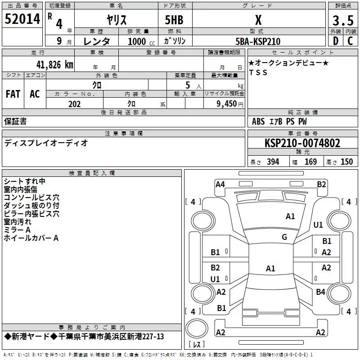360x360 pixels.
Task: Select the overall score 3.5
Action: pyautogui.click(x=342, y=21)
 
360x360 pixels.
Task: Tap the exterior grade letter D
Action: pyautogui.click(x=335, y=41)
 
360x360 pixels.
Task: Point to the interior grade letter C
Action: pyautogui.click(x=351, y=41)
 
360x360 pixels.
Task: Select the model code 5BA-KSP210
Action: pyautogui.click(x=258, y=41)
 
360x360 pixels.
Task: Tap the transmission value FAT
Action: pyautogui.click(x=13, y=94)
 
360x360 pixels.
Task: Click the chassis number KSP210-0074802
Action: pyautogui.click(x=302, y=144)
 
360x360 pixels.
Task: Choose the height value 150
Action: pyautogui.click(x=346, y=162)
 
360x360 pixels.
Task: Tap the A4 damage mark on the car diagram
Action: pyautogui.click(x=220, y=184)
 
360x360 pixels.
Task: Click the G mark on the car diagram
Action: pyautogui.click(x=284, y=237)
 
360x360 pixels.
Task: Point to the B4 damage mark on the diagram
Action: pyautogui.click(x=320, y=292)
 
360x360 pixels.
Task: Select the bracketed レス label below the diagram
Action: pyautogui.click(x=197, y=345)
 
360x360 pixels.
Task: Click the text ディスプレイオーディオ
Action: pyautogui.click(x=46, y=143)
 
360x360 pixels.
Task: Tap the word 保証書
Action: pyautogui.click(x=15, y=121)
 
